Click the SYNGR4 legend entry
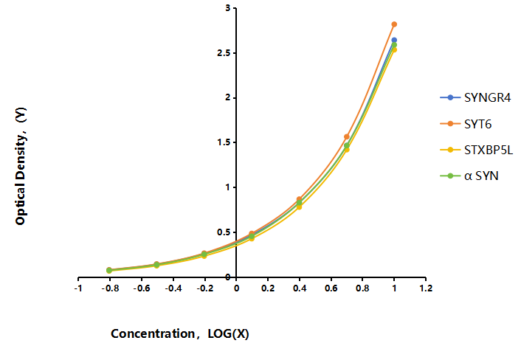pyautogui.click(x=475, y=97)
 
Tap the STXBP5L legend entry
pyautogui.click(x=476, y=150)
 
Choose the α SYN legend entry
pyautogui.click(x=469, y=176)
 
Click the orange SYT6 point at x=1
pyautogui.click(x=394, y=24)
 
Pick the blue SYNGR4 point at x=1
pyautogui.click(x=394, y=40)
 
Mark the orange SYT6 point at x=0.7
pyautogui.click(x=347, y=136)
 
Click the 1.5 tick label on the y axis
pyautogui.click(x=224, y=142)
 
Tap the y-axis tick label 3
pyautogui.click(x=227, y=8)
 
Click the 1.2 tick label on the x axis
pyautogui.click(x=426, y=288)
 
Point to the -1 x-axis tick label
pyautogui.click(x=78, y=288)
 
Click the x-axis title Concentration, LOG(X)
pyautogui.click(x=180, y=333)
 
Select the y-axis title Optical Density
pyautogui.click(x=21, y=166)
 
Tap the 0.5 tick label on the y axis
pyautogui.click(x=224, y=232)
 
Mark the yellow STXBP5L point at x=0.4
pyautogui.click(x=299, y=207)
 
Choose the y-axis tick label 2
pyautogui.click(x=227, y=97)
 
